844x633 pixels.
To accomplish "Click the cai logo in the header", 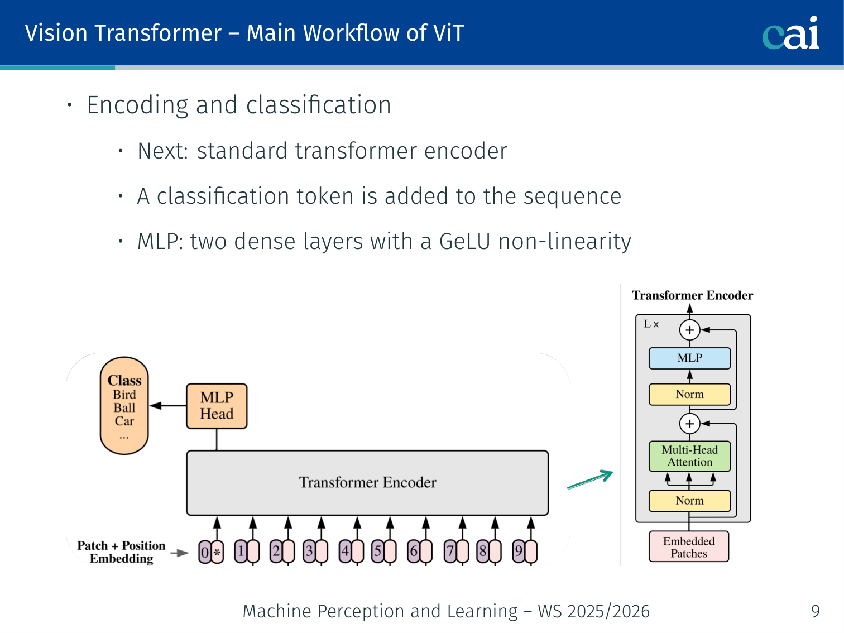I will [790, 33].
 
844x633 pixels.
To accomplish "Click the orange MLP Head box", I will [217, 406].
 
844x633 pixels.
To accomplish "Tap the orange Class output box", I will [124, 406].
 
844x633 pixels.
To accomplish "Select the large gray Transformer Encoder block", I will [367, 483].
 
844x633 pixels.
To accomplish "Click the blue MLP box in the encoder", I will [689, 358].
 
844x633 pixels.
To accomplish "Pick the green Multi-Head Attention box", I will [689, 456].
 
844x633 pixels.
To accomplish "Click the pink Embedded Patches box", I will [689, 547].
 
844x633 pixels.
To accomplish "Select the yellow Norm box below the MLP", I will [689, 394].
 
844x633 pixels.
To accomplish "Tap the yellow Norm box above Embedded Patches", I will [689, 501].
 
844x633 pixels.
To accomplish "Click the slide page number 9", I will [816, 612].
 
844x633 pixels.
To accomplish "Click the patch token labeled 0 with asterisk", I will [211, 553].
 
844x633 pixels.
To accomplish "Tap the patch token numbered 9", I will [525, 552].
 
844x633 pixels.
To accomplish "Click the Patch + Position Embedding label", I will [121, 552].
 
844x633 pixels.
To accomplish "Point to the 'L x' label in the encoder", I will [651, 324].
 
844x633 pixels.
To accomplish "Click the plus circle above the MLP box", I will [689, 330].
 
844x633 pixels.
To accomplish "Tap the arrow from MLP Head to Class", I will [168, 406].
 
